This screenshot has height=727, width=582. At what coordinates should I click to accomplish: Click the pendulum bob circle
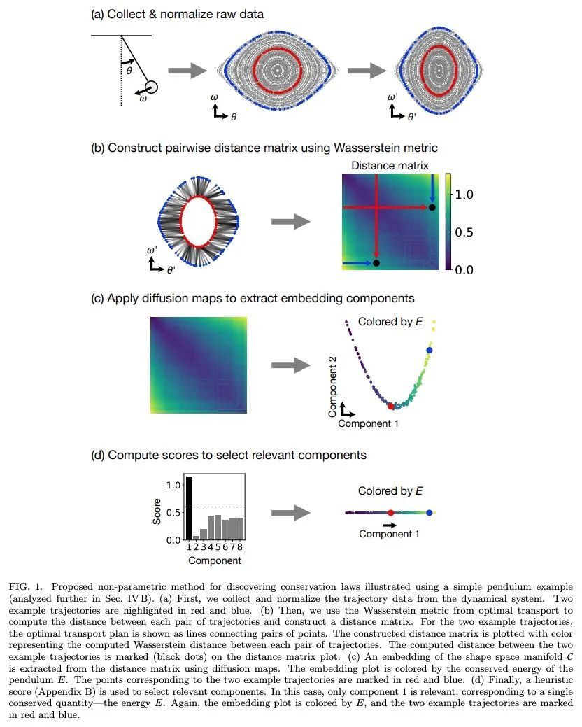[x=152, y=87]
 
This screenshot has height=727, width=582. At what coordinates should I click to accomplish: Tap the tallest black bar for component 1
[x=189, y=508]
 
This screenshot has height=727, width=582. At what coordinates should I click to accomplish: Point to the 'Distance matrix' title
[x=390, y=166]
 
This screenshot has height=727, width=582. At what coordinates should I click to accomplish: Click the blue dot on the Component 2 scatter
[x=429, y=350]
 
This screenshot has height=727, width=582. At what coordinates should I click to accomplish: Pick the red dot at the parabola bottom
[x=390, y=405]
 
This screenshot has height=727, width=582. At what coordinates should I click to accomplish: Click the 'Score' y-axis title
[x=157, y=511]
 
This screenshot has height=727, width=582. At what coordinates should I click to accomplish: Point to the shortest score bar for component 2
[x=196, y=537]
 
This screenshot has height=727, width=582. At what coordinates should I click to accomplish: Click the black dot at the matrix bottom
[x=376, y=263]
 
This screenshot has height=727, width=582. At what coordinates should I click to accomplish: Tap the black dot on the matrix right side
[x=432, y=208]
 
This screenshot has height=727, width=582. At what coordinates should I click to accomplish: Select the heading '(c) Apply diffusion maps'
[x=253, y=299]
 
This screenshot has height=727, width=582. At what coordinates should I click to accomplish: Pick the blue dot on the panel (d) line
[x=429, y=513]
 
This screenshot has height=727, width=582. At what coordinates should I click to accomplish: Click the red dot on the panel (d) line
[x=390, y=513]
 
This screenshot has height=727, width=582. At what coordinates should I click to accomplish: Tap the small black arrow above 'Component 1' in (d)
[x=390, y=524]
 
